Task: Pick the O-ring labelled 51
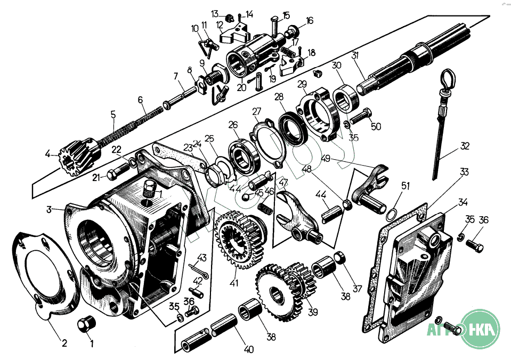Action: [391, 214]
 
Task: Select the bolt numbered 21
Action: [116, 174]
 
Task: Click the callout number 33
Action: [464, 172]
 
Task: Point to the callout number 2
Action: [64, 343]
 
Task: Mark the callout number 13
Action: [215, 13]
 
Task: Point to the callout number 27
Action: [257, 111]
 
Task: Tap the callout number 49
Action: [326, 158]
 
